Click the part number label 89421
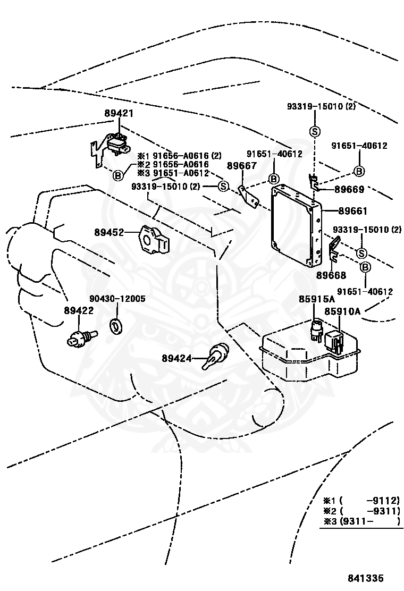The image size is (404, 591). [119, 113]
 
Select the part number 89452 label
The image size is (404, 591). [109, 233]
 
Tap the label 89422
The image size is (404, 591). [79, 310]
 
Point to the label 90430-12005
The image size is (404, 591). [117, 299]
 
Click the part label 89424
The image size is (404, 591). [176, 358]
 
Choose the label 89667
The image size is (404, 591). [241, 166]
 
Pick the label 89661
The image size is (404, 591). [353, 210]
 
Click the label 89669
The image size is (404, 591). [349, 189]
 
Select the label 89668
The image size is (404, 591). [331, 275]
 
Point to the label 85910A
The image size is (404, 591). [342, 311]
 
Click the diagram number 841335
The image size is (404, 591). [366, 578]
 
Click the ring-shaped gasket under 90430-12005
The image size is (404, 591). [116, 326]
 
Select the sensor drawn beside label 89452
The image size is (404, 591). [154, 238]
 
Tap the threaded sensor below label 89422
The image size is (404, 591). [82, 337]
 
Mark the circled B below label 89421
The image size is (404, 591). [118, 175]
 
